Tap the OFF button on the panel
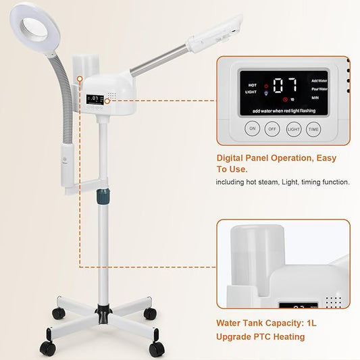click(274, 128)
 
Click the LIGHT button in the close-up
click(293, 128)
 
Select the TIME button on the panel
click(313, 128)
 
